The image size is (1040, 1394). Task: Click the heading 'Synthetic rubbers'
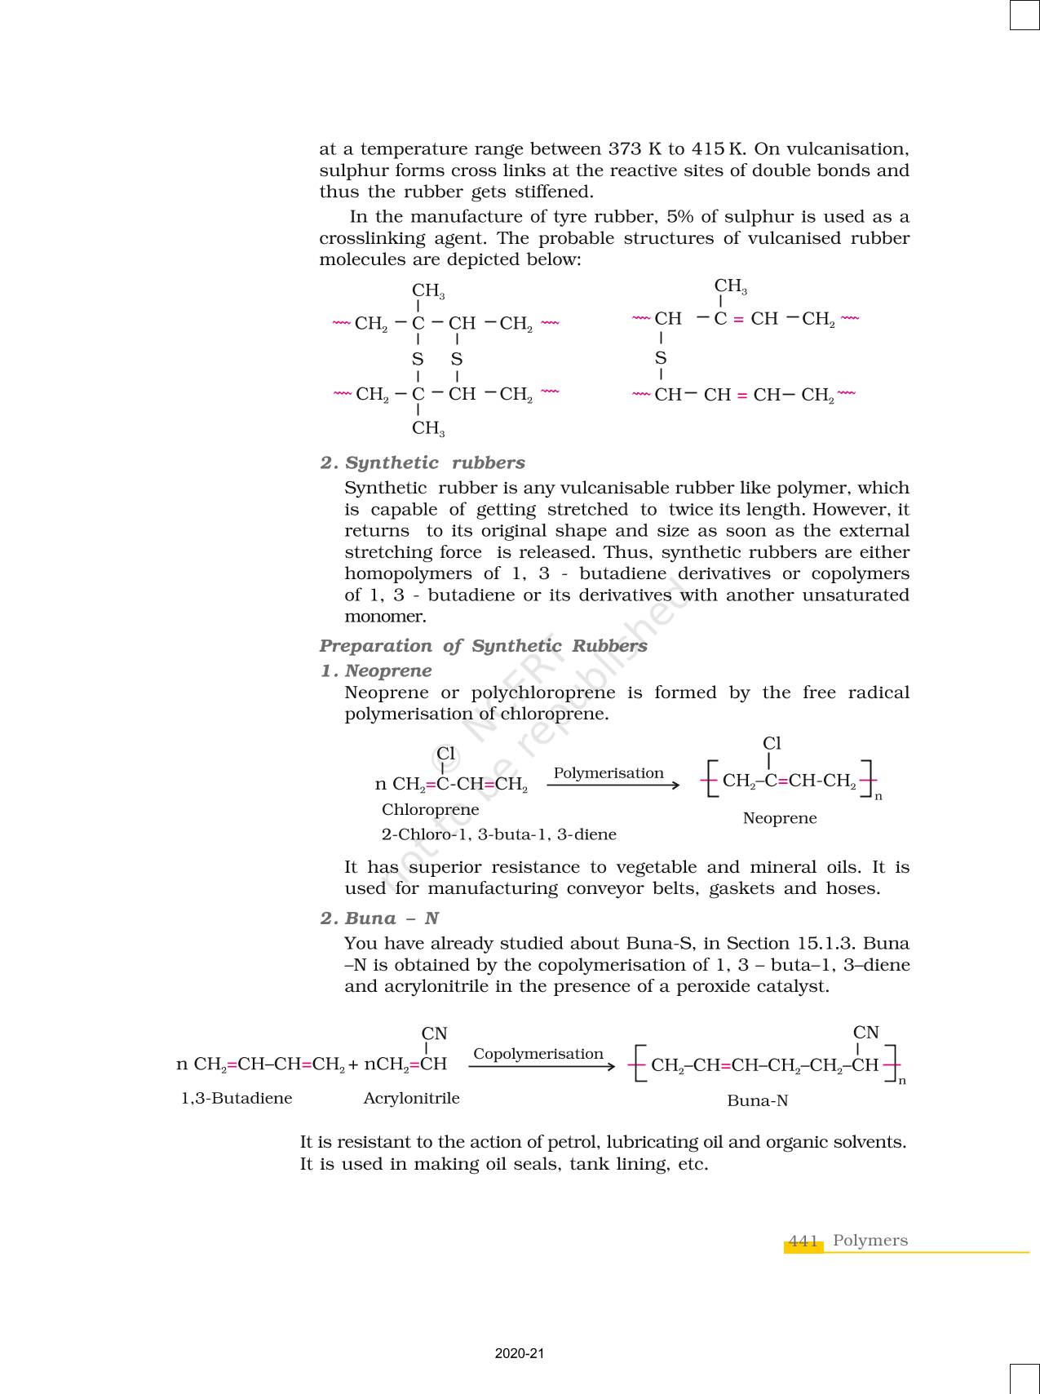(x=435, y=462)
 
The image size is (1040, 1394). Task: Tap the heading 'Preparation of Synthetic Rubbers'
(x=483, y=645)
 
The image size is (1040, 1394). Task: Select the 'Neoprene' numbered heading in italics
(x=387, y=670)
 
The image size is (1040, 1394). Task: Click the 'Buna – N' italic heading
(x=392, y=918)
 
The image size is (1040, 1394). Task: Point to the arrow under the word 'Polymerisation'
(x=613, y=785)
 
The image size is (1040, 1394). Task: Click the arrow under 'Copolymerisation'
(x=542, y=1066)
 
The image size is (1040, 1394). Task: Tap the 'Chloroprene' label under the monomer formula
(x=430, y=810)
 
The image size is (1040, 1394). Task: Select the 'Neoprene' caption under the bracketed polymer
(x=779, y=818)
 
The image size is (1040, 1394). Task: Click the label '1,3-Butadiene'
(x=236, y=1098)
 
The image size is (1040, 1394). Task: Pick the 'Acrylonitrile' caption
(x=411, y=1098)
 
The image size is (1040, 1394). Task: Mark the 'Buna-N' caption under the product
(x=757, y=1100)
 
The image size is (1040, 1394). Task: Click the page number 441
(x=803, y=1241)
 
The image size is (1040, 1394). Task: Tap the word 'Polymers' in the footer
(x=870, y=1240)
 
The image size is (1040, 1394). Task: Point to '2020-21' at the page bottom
(x=520, y=1353)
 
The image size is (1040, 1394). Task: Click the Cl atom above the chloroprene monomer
(x=445, y=753)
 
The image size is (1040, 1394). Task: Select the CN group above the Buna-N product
(x=865, y=1032)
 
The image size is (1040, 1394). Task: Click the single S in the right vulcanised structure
(x=661, y=357)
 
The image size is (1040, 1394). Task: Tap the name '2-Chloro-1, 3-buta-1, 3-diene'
(x=498, y=834)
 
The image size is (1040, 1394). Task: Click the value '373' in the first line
(x=625, y=149)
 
